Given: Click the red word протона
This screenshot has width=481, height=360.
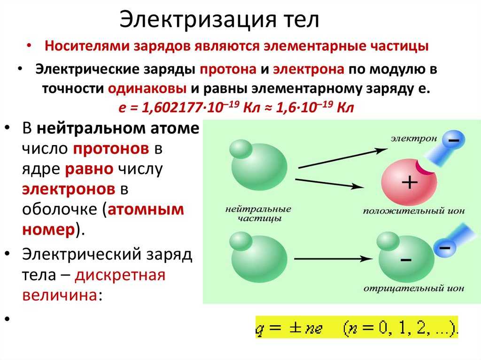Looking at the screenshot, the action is pyautogui.click(x=228, y=69).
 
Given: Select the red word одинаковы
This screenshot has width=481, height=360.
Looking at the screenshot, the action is pyautogui.click(x=147, y=89).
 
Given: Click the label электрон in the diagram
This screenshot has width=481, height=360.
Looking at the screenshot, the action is pyautogui.click(x=414, y=138).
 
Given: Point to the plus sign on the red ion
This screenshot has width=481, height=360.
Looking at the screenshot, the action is pyautogui.click(x=410, y=182).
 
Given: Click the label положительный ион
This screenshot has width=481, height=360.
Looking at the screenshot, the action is pyautogui.click(x=414, y=211).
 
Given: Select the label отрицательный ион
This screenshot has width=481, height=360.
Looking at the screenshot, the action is pyautogui.click(x=414, y=289).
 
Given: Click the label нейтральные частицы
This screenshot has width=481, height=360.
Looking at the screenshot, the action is pyautogui.click(x=258, y=214).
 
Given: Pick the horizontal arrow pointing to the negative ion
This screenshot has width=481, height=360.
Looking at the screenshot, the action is pyautogui.click(x=334, y=259).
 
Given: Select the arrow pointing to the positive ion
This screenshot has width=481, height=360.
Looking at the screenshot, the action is pyautogui.click(x=329, y=184).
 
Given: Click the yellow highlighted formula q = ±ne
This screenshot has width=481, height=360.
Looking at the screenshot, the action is pyautogui.click(x=357, y=327).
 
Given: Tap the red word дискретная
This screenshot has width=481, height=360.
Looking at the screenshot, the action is pyautogui.click(x=120, y=275).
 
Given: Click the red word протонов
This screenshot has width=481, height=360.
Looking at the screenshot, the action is pyautogui.click(x=111, y=149).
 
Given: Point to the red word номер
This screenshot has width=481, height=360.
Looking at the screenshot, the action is pyautogui.click(x=48, y=230).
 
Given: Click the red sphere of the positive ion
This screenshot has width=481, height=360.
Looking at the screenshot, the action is pyautogui.click(x=409, y=183).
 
